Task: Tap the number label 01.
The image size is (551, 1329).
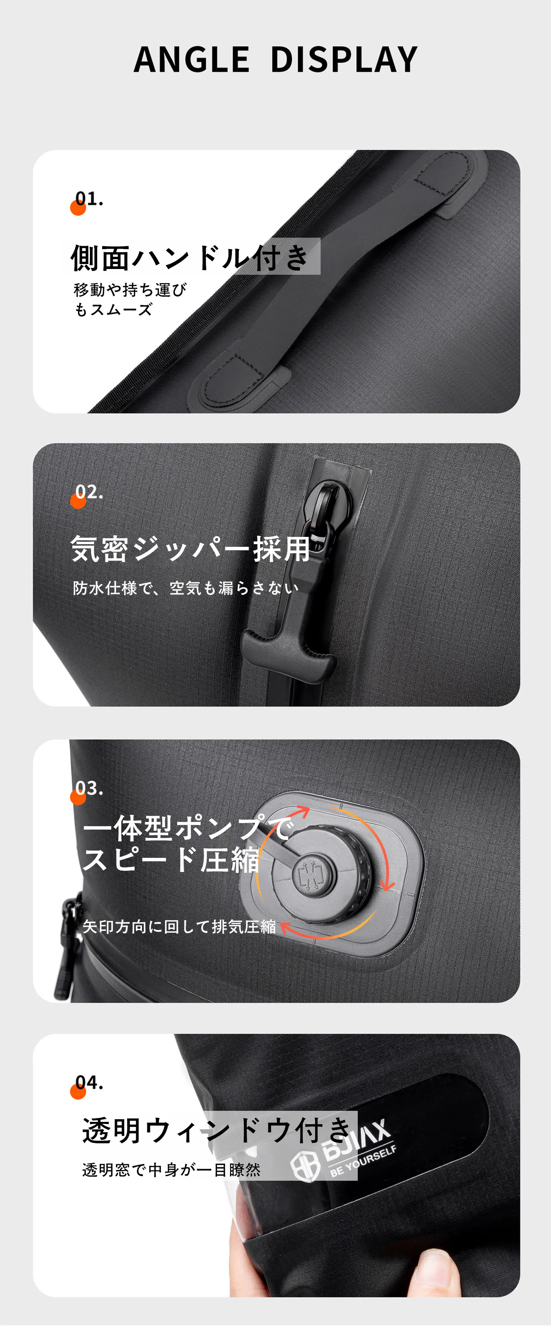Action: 89,199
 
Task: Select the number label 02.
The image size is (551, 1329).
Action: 89,492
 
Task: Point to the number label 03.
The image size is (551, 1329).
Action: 89,788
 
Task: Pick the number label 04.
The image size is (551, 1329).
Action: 89,1083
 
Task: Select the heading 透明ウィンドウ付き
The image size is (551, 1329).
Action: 217,1131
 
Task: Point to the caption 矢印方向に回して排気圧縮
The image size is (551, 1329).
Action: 179,927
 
